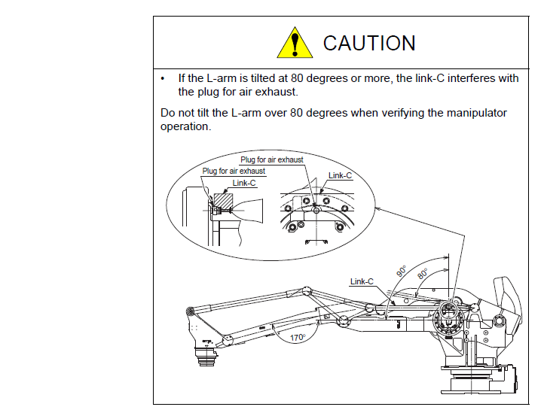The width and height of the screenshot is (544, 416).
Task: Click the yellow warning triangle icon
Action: [x=295, y=44]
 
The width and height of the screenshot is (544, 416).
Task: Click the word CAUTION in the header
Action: [x=369, y=44]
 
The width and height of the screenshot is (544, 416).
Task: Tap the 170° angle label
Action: [x=299, y=337]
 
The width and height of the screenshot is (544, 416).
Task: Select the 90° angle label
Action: [x=402, y=271]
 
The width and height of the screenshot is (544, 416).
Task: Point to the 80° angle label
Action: [x=423, y=275]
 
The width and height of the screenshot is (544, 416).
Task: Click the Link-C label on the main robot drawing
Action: [x=362, y=281]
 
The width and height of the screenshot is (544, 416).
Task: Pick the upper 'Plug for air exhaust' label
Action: [x=272, y=159]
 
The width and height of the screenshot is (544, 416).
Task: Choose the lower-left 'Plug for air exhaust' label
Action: [x=234, y=172]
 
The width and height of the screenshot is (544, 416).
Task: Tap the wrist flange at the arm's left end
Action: [x=206, y=355]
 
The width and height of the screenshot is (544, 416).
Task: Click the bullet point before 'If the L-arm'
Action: [x=164, y=78]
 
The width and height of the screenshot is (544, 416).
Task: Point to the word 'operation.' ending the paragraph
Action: [x=186, y=126]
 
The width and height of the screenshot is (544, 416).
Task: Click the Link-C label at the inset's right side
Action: [x=340, y=175]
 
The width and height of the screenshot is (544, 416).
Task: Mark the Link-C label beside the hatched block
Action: [x=244, y=183]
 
